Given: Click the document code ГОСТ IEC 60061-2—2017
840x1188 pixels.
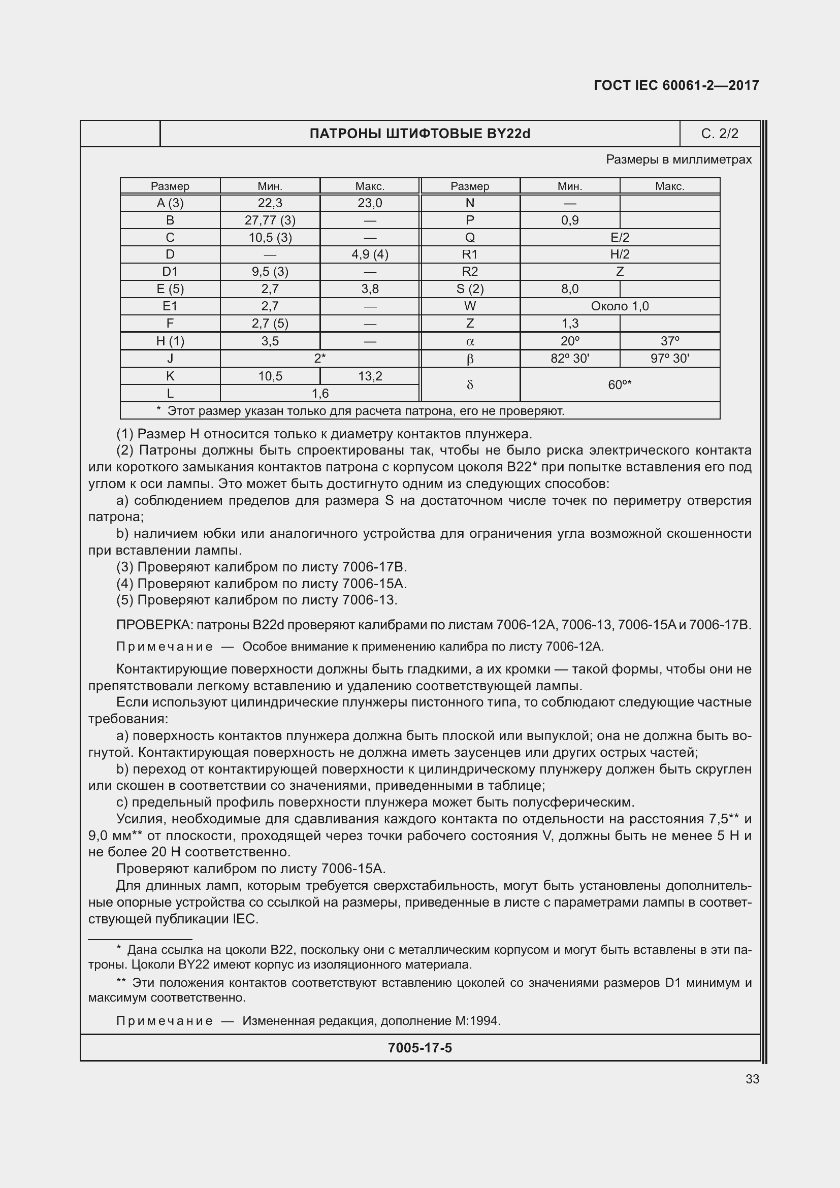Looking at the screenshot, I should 676,85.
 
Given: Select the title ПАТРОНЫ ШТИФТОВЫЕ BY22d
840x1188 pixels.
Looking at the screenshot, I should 419,134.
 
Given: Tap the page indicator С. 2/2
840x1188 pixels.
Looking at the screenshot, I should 720,134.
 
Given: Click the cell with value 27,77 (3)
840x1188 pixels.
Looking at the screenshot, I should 270,220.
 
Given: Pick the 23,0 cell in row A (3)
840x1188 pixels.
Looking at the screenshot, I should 369,203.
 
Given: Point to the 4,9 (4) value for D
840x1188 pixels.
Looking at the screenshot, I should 369,254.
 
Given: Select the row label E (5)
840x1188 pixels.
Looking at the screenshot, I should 170,288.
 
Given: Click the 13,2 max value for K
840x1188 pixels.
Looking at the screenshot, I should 369,376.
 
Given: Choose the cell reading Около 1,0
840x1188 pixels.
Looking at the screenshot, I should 619,306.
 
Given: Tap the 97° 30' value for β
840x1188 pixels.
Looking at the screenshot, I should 669,359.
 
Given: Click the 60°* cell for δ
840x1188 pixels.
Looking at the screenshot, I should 619,385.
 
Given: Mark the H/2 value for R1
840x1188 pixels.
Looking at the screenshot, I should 619,254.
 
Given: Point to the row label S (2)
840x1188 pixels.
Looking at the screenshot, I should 470,288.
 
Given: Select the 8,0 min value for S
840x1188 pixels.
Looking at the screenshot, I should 569,288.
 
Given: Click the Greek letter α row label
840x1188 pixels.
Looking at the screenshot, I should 470,341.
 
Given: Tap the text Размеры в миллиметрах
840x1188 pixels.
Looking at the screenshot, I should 679,160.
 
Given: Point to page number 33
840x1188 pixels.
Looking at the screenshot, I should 752,1079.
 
